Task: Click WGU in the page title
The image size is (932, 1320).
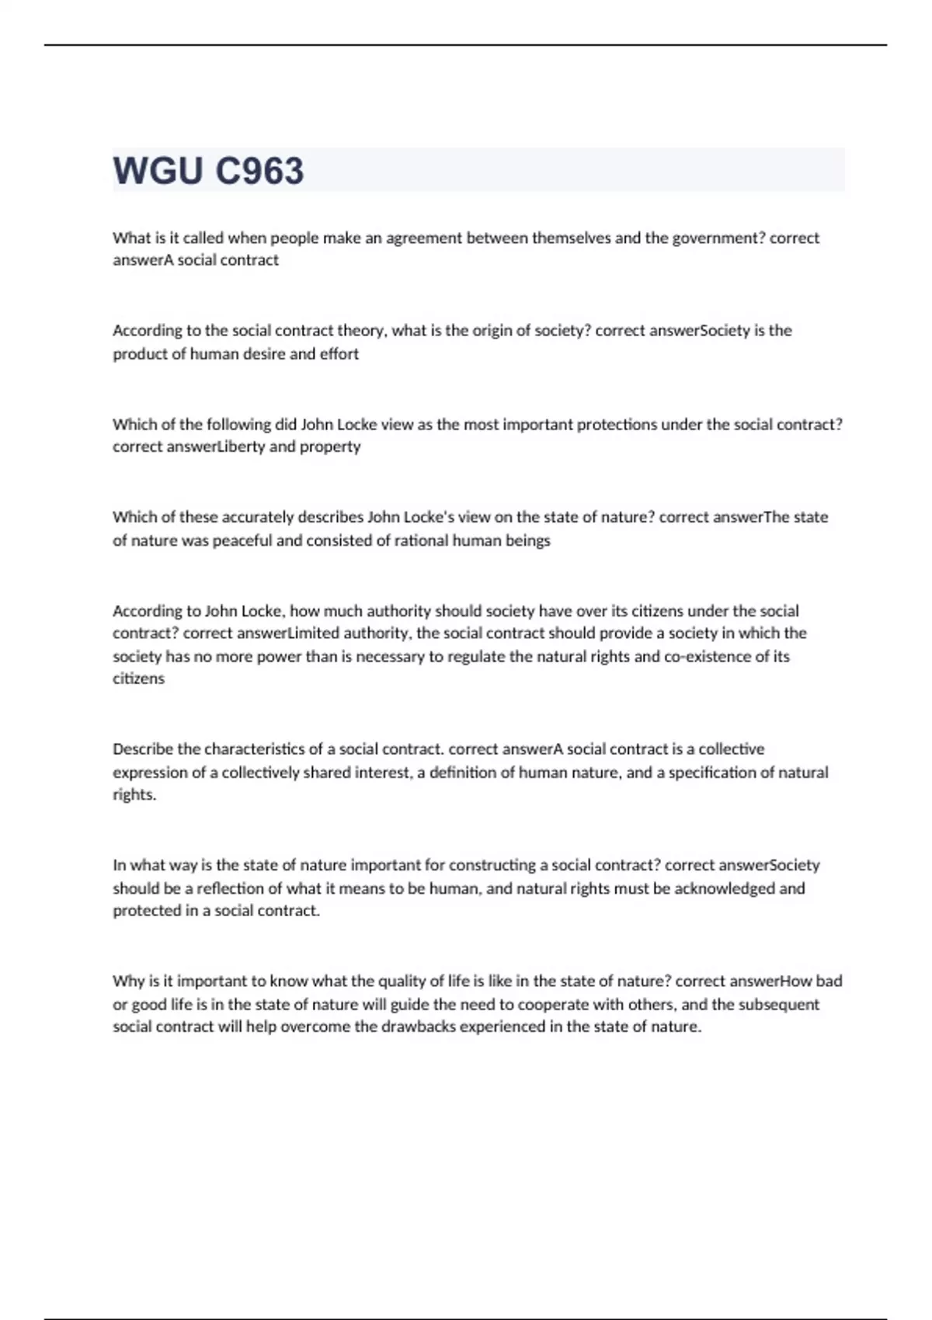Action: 158,171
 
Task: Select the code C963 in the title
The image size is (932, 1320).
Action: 259,171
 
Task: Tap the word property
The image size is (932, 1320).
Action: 330,447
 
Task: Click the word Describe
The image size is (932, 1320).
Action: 143,749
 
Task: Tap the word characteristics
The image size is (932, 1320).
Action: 252,749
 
